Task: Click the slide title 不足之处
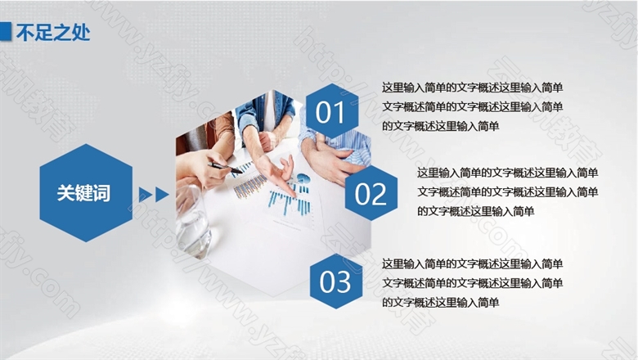[53, 32]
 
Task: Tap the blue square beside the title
[5, 31]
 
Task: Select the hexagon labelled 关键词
[86, 193]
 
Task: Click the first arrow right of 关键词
[145, 195]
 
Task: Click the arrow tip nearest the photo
[168, 195]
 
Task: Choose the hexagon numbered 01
[332, 111]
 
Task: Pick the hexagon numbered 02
[371, 193]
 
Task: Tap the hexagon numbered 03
[335, 281]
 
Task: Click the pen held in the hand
[225, 167]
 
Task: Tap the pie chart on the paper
[303, 178]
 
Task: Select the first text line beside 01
[473, 88]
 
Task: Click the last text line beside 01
[440, 126]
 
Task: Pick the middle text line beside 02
[508, 191]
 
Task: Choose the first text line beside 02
[508, 173]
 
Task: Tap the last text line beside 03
[440, 302]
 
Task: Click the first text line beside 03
[473, 264]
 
